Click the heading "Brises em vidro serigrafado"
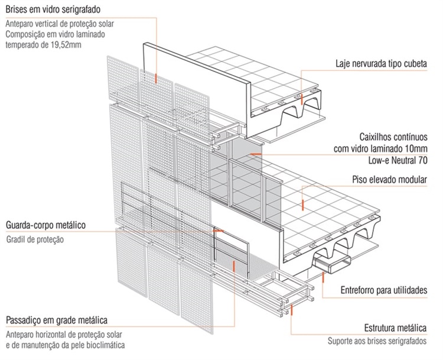tap(53, 11)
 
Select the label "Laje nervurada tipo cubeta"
tap(389, 63)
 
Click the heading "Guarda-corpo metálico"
tap(46, 225)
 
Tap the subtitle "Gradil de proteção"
tap(35, 240)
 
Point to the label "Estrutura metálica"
tap(396, 328)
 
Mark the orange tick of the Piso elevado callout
tap(303, 205)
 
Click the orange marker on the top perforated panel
tap(156, 77)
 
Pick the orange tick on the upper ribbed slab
tap(301, 97)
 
